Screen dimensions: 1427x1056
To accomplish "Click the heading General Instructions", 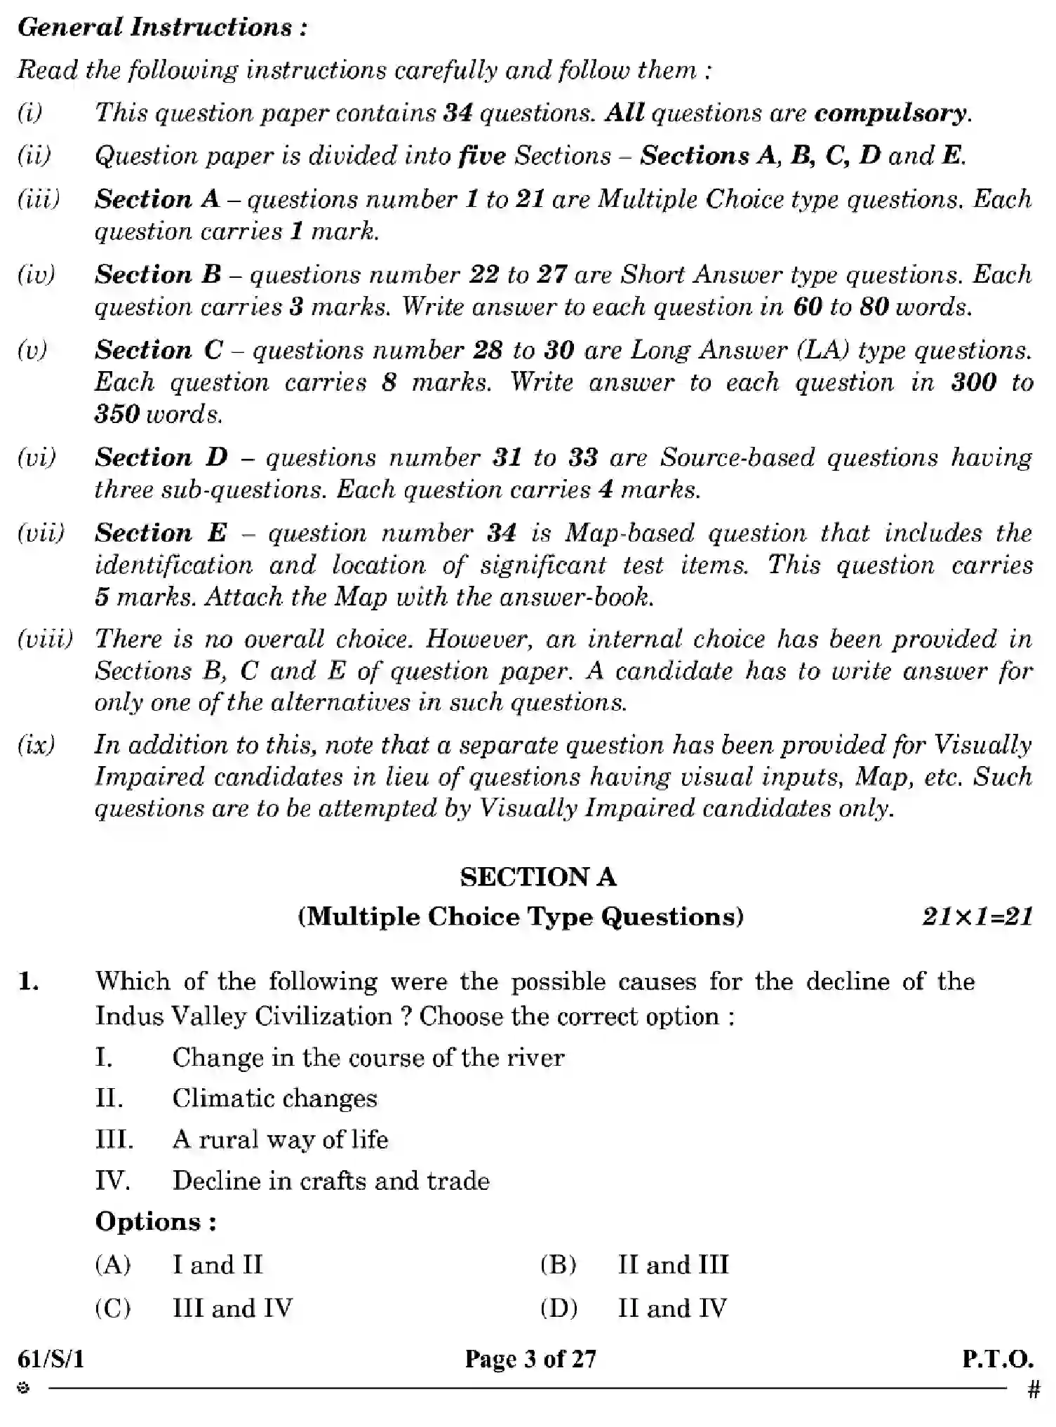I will coord(162,27).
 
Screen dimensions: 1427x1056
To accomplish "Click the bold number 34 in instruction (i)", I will coord(457,114).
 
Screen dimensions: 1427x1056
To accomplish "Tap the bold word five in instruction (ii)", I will coord(481,156).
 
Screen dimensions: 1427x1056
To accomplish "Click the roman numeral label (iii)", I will coord(39,199).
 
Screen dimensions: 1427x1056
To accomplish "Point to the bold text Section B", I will coord(158,274).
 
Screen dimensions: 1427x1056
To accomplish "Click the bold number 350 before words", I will coord(117,414).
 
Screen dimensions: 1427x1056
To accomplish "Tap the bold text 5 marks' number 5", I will coord(102,597).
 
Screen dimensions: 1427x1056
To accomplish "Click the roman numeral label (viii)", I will coord(45,639).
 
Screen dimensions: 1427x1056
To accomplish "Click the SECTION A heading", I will coord(538,877).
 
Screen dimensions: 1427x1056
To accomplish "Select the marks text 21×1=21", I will coord(977,917).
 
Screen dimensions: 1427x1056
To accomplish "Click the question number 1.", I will coord(29,982).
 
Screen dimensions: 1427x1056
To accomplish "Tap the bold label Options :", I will coord(156,1222).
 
